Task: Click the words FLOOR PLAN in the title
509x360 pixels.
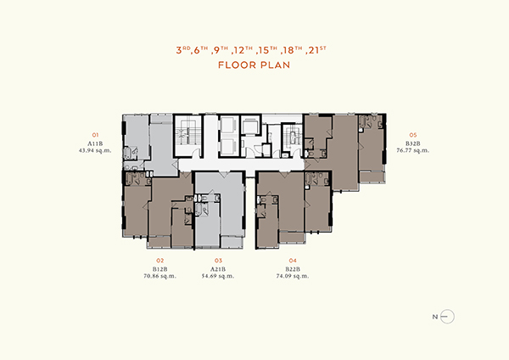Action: (254, 65)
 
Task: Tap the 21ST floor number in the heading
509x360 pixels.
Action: (316, 50)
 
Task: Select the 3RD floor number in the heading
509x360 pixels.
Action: (183, 50)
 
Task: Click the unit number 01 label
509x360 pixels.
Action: (95, 135)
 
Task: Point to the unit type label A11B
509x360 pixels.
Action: (95, 143)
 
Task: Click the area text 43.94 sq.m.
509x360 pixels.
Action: (95, 150)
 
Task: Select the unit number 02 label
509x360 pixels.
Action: (159, 261)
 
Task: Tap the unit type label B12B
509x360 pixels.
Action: (159, 269)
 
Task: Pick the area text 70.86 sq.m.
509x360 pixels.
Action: (159, 276)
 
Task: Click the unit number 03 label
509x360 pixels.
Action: (218, 261)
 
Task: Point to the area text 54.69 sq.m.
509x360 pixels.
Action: (218, 276)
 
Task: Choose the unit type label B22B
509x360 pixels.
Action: (293, 269)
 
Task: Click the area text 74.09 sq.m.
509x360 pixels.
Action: (293, 276)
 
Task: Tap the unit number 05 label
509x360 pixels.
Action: (412, 135)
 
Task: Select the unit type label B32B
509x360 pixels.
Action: (412, 143)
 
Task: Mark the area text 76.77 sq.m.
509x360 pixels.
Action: (412, 150)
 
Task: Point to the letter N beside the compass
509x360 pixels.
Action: (435, 317)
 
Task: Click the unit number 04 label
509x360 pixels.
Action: (293, 261)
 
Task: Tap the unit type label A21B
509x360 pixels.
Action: (218, 269)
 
